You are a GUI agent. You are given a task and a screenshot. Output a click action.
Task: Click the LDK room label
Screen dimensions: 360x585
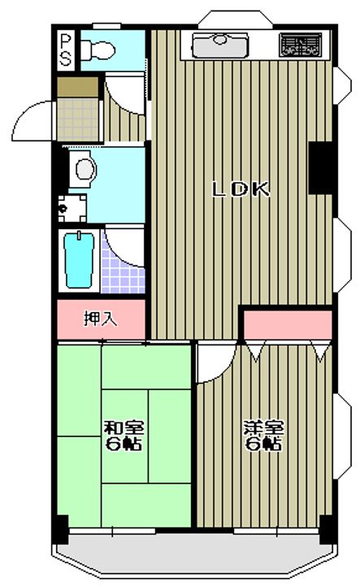click(x=241, y=189)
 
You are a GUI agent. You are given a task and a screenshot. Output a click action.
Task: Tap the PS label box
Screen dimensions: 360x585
click(x=66, y=50)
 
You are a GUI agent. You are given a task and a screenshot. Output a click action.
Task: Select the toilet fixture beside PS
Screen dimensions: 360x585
click(x=98, y=50)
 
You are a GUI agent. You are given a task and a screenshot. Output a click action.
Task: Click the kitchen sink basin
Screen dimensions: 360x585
click(x=219, y=45)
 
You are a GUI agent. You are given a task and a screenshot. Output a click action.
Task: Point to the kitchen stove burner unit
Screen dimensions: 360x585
click(x=301, y=45)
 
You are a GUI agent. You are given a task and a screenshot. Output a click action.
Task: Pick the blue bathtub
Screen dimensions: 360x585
click(x=79, y=260)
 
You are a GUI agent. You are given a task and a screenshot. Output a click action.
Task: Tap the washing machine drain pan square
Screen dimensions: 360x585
click(x=72, y=208)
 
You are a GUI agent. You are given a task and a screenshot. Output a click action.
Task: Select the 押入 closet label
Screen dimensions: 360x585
click(x=100, y=319)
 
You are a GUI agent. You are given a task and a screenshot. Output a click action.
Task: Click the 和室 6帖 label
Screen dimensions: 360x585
click(x=123, y=435)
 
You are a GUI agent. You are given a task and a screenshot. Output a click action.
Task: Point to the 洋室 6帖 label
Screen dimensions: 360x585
click(x=263, y=435)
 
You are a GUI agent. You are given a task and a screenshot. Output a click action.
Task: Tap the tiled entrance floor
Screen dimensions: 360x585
click(x=79, y=119)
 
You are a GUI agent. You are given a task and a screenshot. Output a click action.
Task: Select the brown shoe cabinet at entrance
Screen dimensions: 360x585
click(x=77, y=87)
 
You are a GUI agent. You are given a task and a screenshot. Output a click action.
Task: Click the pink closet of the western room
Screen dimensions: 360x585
click(x=288, y=324)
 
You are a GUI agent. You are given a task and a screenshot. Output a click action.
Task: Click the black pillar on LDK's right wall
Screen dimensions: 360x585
click(x=321, y=168)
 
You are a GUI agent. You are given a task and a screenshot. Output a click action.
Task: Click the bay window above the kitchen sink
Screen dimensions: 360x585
click(x=236, y=19)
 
